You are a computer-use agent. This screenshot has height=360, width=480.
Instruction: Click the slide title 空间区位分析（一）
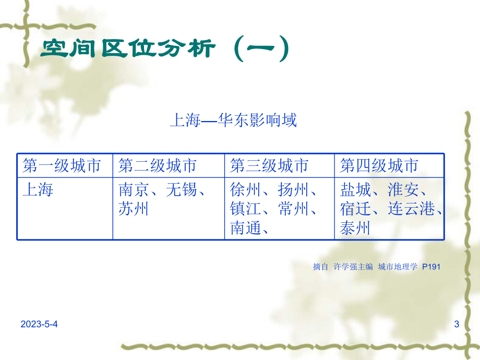164,50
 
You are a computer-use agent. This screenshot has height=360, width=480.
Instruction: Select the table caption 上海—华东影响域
233,121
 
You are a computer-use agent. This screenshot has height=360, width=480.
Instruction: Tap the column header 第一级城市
62,166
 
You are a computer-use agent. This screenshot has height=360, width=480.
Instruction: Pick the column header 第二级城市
158,166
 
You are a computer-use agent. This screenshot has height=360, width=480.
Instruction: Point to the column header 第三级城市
269,166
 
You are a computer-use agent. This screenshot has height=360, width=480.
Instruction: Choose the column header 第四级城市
379,166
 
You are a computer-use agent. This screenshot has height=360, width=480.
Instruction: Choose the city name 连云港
412,209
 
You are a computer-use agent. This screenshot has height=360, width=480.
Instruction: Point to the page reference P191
431,267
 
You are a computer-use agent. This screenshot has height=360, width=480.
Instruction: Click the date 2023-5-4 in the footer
40,325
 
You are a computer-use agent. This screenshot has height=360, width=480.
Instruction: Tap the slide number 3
457,325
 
